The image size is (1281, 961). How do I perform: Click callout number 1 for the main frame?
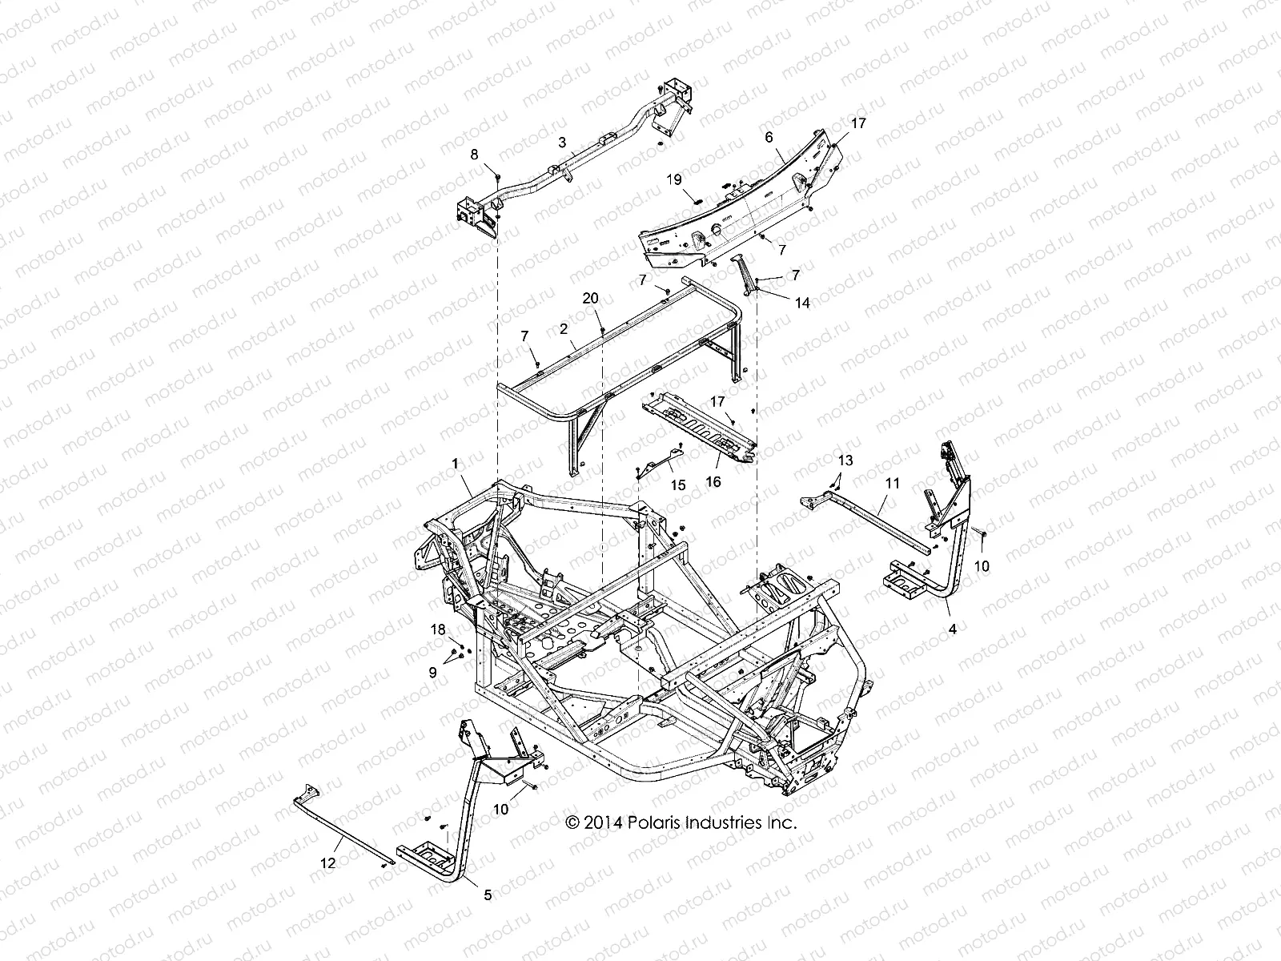coord(456,464)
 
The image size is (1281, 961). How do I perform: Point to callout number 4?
coord(952,629)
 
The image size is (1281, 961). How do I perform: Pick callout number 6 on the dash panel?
coord(769,137)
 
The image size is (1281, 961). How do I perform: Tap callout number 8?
coord(474,155)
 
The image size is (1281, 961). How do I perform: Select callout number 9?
coord(433,674)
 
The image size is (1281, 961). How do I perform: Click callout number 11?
coord(893,483)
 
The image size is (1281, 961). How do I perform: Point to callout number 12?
coord(328,863)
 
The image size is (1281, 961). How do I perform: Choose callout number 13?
coord(845,460)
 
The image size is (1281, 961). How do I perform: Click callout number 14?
coord(802,304)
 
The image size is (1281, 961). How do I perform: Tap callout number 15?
coord(678,485)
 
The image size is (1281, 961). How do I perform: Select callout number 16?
coord(713,481)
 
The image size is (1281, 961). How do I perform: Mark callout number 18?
coord(438,630)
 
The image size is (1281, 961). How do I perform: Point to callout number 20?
coord(590,298)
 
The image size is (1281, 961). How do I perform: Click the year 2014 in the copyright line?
coord(604,822)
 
